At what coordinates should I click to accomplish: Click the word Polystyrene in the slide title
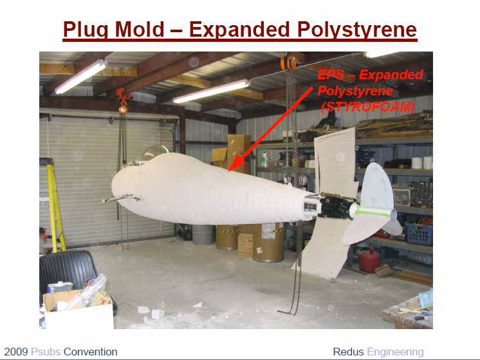point(357,30)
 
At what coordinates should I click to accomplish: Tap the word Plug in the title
point(86,30)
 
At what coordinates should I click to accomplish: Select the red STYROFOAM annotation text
point(369,107)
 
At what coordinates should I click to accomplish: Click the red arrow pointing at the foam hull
point(270,129)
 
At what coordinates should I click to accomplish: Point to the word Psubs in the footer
point(46,352)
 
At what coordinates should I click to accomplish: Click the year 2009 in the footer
point(16,352)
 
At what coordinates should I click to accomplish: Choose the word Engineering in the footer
point(395,352)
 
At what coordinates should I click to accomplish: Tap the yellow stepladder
point(55,205)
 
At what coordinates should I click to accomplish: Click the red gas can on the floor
point(369,260)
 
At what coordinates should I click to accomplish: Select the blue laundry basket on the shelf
point(419,234)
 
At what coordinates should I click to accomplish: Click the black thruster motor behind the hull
point(336,207)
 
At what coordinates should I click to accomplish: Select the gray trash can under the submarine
point(203,234)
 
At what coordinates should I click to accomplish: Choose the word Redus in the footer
point(348,352)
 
